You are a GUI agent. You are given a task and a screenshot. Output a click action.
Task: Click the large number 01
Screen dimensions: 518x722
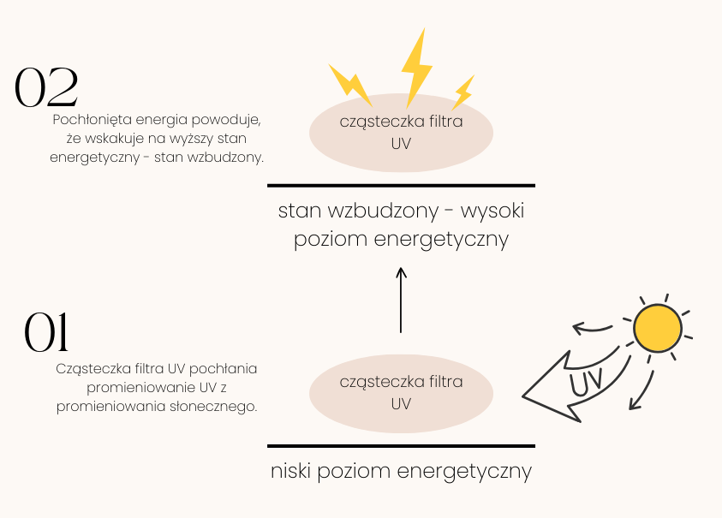[x=46, y=333]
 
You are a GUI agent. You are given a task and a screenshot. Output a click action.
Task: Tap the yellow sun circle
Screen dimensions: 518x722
[x=657, y=327]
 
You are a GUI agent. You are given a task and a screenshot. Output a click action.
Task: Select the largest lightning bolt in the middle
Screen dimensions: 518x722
[x=416, y=66]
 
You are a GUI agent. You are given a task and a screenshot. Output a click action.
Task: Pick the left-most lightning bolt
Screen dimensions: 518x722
[x=351, y=84]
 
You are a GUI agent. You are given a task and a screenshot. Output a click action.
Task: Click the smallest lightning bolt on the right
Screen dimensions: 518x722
[x=463, y=92]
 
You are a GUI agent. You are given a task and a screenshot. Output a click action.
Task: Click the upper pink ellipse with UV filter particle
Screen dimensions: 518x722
[x=401, y=133]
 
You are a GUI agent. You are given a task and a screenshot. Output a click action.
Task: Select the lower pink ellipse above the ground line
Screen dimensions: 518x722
[x=401, y=393]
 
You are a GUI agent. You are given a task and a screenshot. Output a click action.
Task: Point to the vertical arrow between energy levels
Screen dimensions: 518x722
[x=401, y=300]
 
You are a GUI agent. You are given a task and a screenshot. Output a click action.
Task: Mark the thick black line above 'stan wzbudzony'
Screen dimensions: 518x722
[x=401, y=185]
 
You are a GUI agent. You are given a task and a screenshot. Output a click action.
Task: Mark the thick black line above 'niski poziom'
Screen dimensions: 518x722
[x=401, y=446]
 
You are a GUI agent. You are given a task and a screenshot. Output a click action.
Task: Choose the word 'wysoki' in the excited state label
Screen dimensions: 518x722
[x=493, y=211]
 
